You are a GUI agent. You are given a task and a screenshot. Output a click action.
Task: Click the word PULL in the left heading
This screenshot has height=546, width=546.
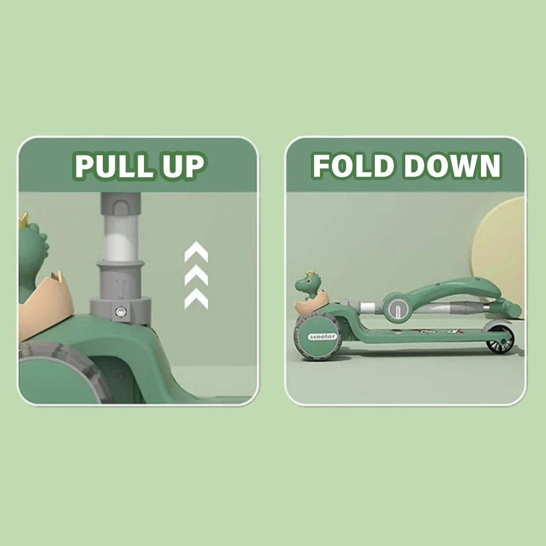113,166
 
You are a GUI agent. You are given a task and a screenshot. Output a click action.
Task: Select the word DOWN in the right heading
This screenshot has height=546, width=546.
452,165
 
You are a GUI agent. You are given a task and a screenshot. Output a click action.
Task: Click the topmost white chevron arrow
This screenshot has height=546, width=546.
196,252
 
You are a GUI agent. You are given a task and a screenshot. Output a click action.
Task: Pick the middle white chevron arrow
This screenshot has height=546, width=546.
196,275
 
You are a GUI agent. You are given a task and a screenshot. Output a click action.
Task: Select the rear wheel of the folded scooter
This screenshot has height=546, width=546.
500,339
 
